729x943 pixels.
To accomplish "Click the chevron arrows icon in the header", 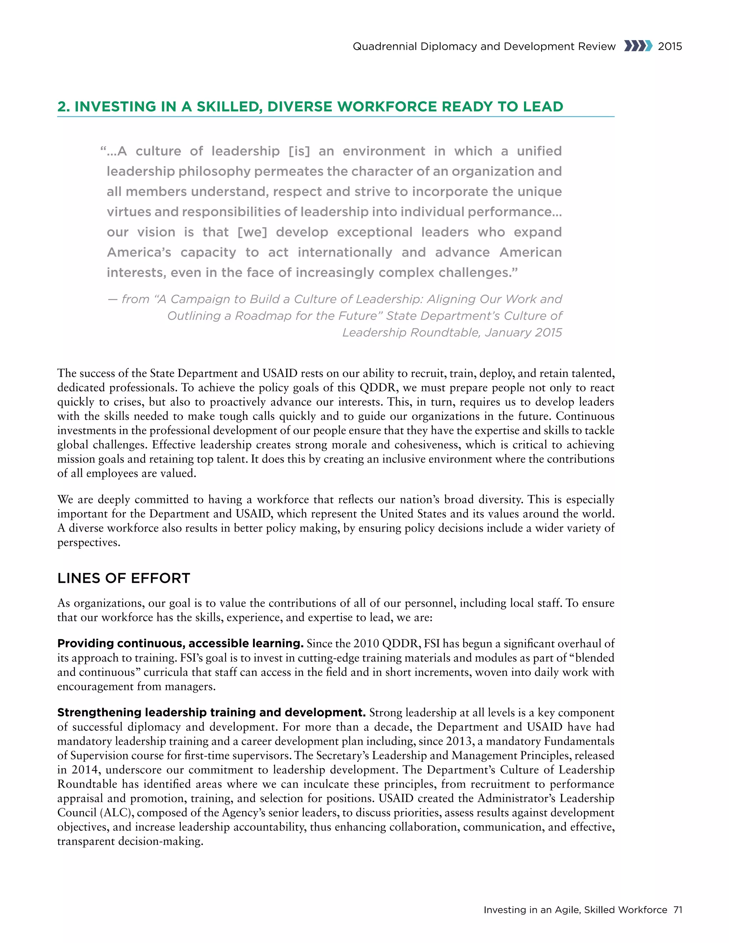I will pos(638,46).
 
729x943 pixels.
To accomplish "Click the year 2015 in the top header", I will pos(670,46).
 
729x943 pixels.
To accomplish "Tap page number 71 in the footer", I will pos(678,910).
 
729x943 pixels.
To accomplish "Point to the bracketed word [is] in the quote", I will pos(299,151).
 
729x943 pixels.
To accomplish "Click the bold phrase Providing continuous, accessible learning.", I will pos(180,643).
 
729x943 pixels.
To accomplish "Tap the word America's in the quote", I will pos(139,252).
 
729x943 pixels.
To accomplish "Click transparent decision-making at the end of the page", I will pos(130,841).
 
